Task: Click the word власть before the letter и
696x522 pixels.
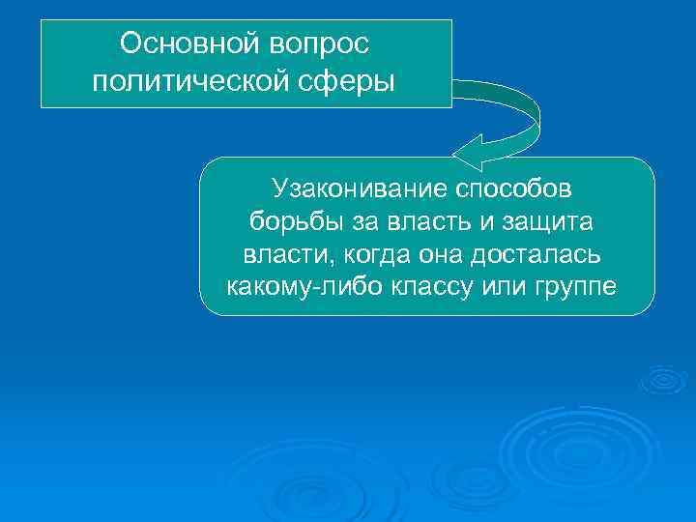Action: (434, 221)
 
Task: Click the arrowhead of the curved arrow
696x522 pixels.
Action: (470, 151)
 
